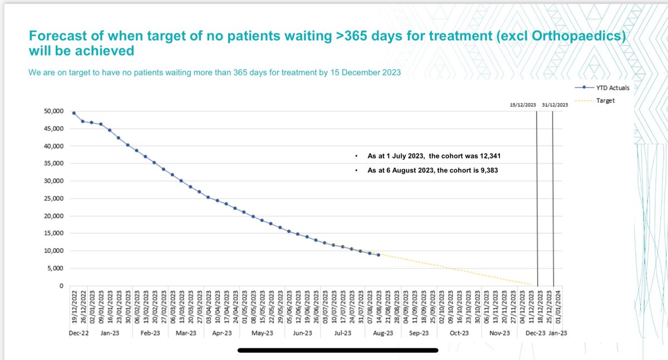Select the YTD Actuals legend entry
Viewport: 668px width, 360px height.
point(611,87)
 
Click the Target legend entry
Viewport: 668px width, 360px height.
point(605,101)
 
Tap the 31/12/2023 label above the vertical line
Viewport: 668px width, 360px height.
point(555,105)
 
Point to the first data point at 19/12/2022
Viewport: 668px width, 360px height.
point(74,113)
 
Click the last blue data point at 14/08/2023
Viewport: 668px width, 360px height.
point(379,255)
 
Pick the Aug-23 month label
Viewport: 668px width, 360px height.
point(382,333)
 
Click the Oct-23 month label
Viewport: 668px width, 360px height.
point(459,333)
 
